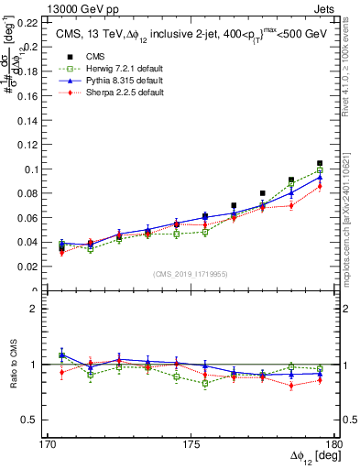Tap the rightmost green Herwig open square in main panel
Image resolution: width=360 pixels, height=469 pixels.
(x=320, y=169)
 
